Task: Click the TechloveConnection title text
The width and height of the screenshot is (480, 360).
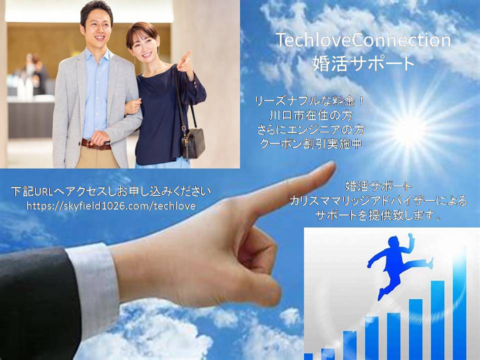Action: (x=363, y=40)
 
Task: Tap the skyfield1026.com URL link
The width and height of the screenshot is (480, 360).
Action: (x=111, y=205)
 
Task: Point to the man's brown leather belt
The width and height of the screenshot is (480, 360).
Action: (x=96, y=144)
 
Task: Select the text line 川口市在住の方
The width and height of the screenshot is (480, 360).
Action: (x=310, y=115)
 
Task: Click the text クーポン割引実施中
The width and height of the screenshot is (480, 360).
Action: (x=310, y=144)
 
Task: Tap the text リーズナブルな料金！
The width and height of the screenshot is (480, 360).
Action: (x=310, y=101)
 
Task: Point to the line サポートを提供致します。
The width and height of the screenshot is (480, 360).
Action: (x=378, y=215)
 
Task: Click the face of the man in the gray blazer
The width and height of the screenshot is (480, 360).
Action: (x=97, y=26)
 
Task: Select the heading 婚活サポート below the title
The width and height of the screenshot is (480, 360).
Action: (x=363, y=63)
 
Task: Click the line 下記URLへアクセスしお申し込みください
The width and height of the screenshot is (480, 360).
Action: (x=111, y=191)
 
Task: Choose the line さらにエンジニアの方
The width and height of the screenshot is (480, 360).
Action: (x=310, y=130)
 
